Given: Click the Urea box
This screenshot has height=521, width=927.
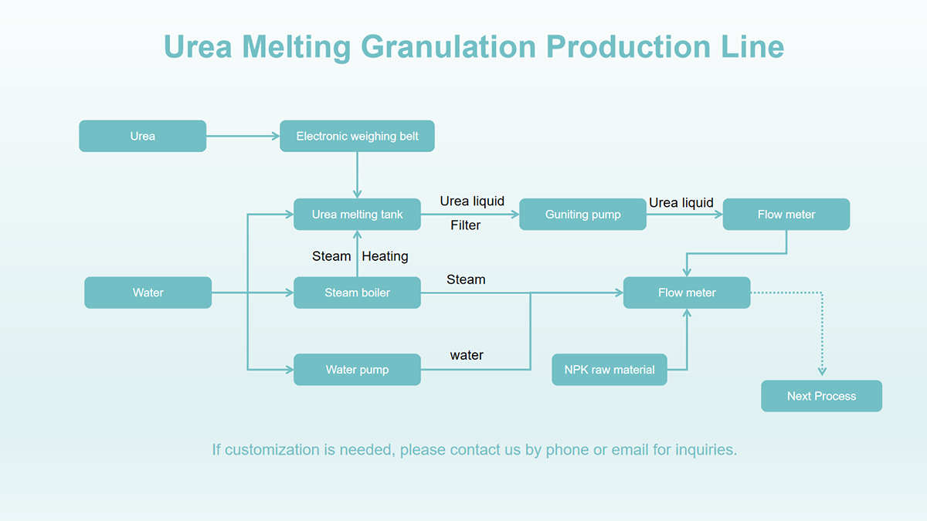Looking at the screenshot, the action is pyautogui.click(x=142, y=136).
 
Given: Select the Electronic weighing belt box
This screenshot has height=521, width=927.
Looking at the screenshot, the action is pyautogui.click(x=357, y=136).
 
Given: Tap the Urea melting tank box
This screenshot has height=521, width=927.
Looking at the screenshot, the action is pyautogui.click(x=357, y=215).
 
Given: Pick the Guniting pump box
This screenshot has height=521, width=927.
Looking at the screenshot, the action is pyautogui.click(x=582, y=215).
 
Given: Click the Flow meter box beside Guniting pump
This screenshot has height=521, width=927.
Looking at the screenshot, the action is pyautogui.click(x=786, y=215).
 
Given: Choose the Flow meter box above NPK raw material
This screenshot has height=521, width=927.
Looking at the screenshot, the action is pyautogui.click(x=687, y=293).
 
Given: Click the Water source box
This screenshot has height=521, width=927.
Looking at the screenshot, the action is pyautogui.click(x=148, y=293).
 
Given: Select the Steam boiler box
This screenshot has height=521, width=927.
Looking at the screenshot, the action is pyautogui.click(x=357, y=293).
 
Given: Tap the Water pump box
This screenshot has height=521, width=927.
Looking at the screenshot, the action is pyautogui.click(x=357, y=370).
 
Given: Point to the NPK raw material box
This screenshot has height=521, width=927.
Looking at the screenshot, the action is pyautogui.click(x=610, y=370).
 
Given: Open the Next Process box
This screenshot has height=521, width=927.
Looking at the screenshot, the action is pyautogui.click(x=821, y=396).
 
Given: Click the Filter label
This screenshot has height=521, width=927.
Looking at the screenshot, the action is pyautogui.click(x=466, y=225).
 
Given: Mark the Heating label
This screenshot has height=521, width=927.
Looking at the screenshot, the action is pyautogui.click(x=385, y=256).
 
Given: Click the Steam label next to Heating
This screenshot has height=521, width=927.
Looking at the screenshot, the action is pyautogui.click(x=331, y=256).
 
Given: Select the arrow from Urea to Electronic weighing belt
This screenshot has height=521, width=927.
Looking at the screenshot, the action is pyautogui.click(x=243, y=136).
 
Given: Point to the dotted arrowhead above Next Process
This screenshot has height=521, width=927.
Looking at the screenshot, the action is pyautogui.click(x=822, y=371).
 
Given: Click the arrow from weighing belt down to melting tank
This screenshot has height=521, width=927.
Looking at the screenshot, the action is pyautogui.click(x=357, y=175).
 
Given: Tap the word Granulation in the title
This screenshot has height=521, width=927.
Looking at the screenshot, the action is pyautogui.click(x=449, y=47).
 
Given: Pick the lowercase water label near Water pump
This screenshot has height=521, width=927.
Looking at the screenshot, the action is pyautogui.click(x=467, y=355).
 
